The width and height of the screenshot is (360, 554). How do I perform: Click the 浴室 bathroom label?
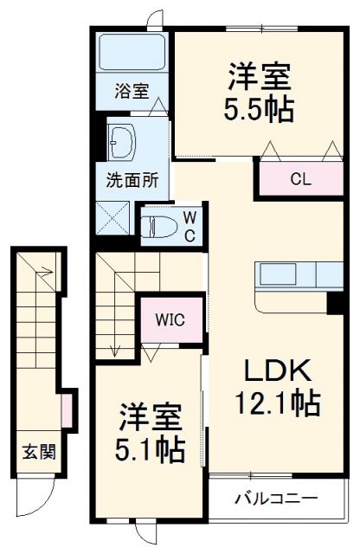(132, 90)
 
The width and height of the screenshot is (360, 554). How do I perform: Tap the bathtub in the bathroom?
(132, 53)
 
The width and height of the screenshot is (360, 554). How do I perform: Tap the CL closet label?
(299, 180)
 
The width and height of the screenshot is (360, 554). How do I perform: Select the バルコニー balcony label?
(275, 499)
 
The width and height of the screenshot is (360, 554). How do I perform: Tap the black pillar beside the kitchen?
(335, 304)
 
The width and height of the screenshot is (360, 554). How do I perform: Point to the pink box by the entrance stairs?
(67, 404)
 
